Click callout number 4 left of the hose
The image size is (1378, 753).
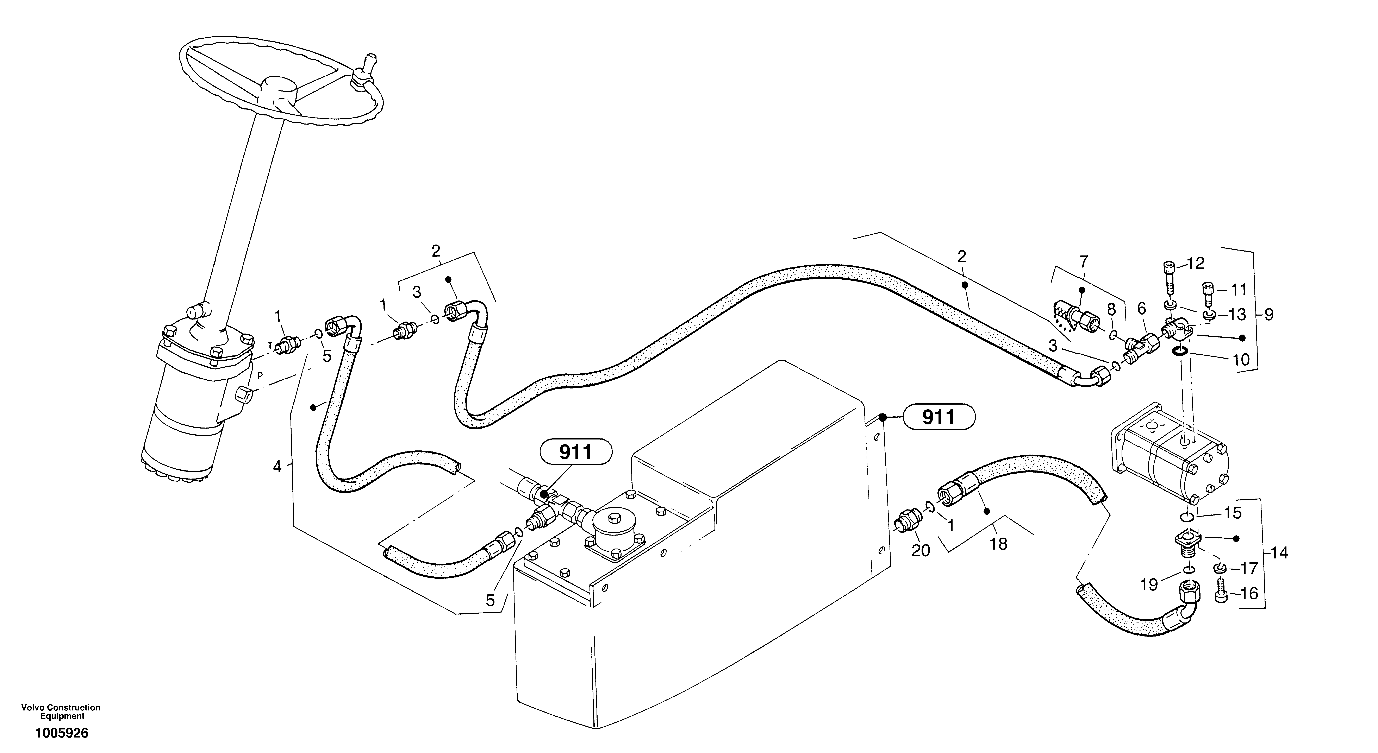pos(276,466)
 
